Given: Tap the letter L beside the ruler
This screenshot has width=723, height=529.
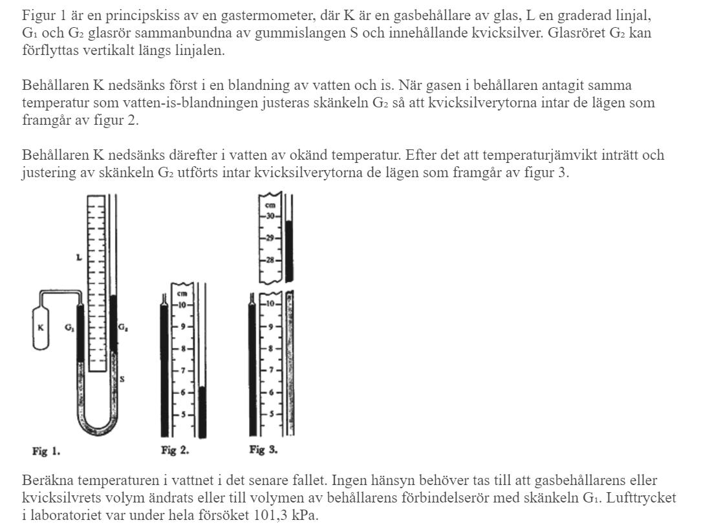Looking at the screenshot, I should point(78,257).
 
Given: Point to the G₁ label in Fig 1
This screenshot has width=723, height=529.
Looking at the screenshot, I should point(69,328).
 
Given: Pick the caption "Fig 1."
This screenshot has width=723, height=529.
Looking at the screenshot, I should point(46,451).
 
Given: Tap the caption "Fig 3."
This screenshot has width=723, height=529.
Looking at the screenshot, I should point(263,450).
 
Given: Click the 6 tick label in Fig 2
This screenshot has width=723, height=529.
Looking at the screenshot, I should point(183,393).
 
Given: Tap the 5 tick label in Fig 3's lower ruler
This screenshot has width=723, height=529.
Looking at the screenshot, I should point(272,413).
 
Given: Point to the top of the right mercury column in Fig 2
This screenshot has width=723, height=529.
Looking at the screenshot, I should point(203,387).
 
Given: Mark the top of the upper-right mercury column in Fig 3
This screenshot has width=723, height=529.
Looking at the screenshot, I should point(289,222).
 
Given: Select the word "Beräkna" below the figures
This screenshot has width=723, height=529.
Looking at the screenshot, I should point(43,482).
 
